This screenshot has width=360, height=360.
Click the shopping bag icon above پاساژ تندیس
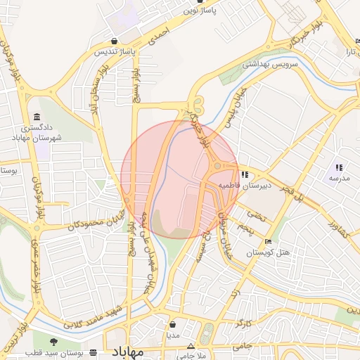115,41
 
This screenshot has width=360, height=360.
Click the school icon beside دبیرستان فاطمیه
245,175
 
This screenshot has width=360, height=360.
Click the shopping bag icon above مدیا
173,324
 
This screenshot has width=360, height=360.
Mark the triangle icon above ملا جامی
191,347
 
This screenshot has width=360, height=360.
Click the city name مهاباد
127,351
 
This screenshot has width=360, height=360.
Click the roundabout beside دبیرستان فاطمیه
218,167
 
